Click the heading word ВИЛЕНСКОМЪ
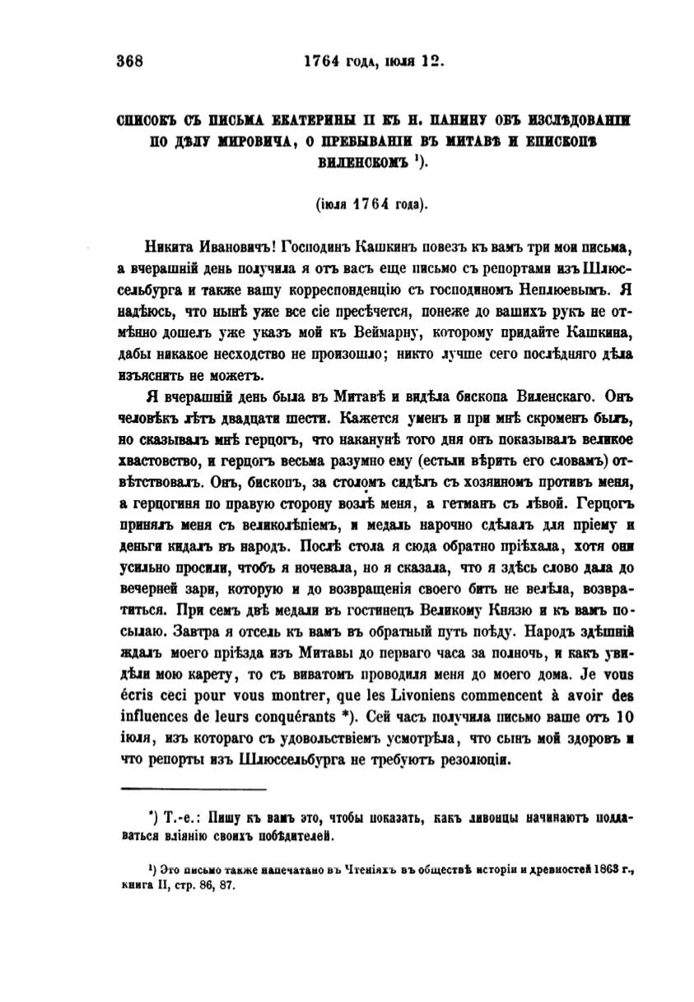(x=359, y=162)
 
